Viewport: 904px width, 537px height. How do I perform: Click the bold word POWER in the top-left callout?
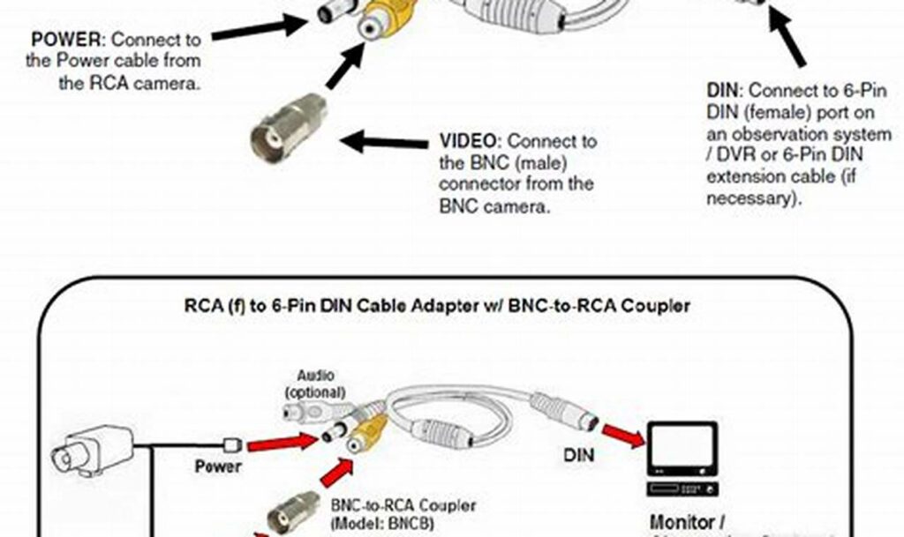pyautogui.click(x=67, y=40)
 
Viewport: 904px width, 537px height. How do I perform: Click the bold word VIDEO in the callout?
pyautogui.click(x=470, y=141)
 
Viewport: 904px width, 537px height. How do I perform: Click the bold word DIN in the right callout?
pyautogui.click(x=725, y=91)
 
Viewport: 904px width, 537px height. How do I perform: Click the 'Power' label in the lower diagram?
pyautogui.click(x=218, y=466)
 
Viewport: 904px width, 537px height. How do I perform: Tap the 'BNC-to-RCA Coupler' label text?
pyautogui.click(x=403, y=506)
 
